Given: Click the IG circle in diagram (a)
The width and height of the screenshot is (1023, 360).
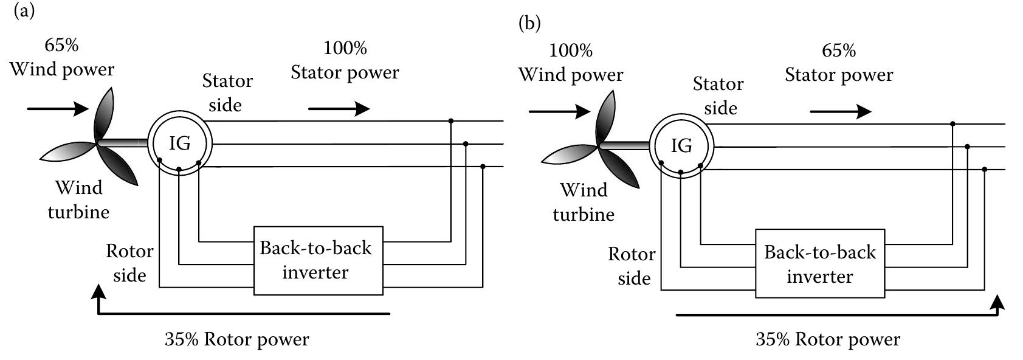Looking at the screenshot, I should [x=180, y=144].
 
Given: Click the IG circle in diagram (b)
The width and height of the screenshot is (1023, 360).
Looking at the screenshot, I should [x=681, y=147].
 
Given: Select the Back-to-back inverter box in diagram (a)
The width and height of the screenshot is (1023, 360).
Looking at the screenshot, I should [x=318, y=260].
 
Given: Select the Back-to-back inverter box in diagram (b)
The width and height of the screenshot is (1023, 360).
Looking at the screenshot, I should [x=820, y=263].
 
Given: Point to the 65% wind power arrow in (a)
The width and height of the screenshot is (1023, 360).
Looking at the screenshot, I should [x=58, y=109].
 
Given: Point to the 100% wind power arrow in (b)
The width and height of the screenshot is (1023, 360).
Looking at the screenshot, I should [x=559, y=112].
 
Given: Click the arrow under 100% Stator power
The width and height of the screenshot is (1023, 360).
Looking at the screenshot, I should [x=339, y=109].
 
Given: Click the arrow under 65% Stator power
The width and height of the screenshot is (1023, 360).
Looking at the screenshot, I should [x=841, y=112].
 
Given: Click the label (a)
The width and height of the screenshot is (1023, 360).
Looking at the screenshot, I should [x=24, y=10].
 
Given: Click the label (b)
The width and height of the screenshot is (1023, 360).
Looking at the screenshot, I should [x=529, y=23].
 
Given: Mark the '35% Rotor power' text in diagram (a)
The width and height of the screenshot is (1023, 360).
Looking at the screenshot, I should [x=237, y=339].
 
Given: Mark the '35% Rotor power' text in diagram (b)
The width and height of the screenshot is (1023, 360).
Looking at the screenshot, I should [x=828, y=339].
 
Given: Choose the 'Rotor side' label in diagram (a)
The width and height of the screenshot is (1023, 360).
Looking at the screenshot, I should [x=129, y=263].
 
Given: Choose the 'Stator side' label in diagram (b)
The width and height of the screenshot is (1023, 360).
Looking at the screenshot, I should [x=718, y=96].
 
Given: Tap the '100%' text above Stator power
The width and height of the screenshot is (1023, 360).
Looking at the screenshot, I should [x=345, y=48].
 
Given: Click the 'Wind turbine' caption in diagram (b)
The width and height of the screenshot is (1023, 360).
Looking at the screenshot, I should [x=584, y=202].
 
